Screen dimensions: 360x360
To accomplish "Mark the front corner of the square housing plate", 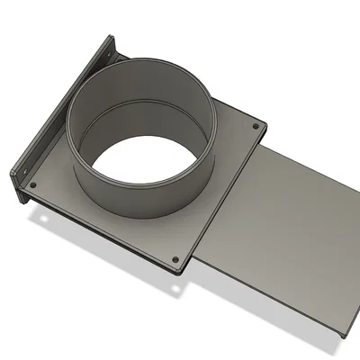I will pyautogui.click(x=184, y=270).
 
